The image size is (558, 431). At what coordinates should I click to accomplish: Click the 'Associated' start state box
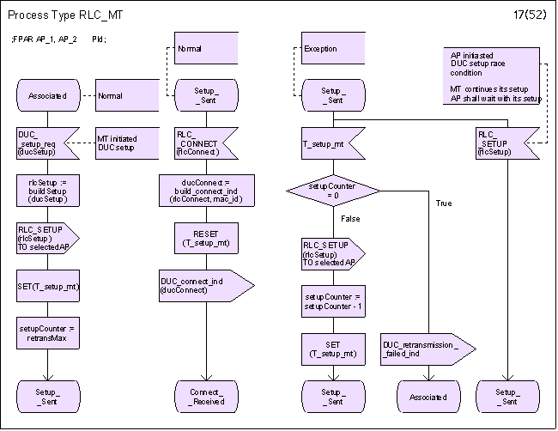coord(47,96)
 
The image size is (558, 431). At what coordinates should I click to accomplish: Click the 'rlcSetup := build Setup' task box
coord(47,191)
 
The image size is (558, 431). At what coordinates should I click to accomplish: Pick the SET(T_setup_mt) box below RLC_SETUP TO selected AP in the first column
coord(47,287)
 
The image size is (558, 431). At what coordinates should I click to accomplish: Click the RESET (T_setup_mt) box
coord(206,239)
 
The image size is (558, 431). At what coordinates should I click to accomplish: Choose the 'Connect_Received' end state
coord(206,397)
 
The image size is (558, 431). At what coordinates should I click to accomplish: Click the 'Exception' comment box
coord(333,48)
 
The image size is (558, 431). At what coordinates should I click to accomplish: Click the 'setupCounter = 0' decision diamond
coord(333,191)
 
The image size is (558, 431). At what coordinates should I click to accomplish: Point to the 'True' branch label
coord(443,203)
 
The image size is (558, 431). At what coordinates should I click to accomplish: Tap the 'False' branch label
coord(350,220)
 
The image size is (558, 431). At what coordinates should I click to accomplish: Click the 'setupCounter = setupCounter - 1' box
coord(333,302)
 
